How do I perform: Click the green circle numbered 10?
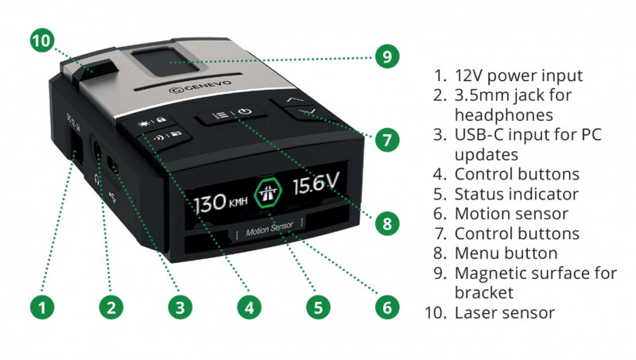click(42, 41)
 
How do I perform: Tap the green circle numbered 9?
click(387, 56)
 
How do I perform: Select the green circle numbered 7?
click(387, 140)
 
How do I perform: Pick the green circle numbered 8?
click(387, 223)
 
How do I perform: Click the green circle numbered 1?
click(42, 308)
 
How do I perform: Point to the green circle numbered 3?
click(180, 308)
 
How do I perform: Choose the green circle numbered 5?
click(318, 308)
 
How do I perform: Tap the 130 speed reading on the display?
click(209, 203)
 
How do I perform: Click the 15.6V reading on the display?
click(316, 183)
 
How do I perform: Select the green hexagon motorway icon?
click(268, 192)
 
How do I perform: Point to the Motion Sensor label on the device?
click(270, 229)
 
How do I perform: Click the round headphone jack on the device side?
click(97, 149)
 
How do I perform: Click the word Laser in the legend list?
click(478, 312)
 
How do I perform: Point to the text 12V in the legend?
click(468, 75)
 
